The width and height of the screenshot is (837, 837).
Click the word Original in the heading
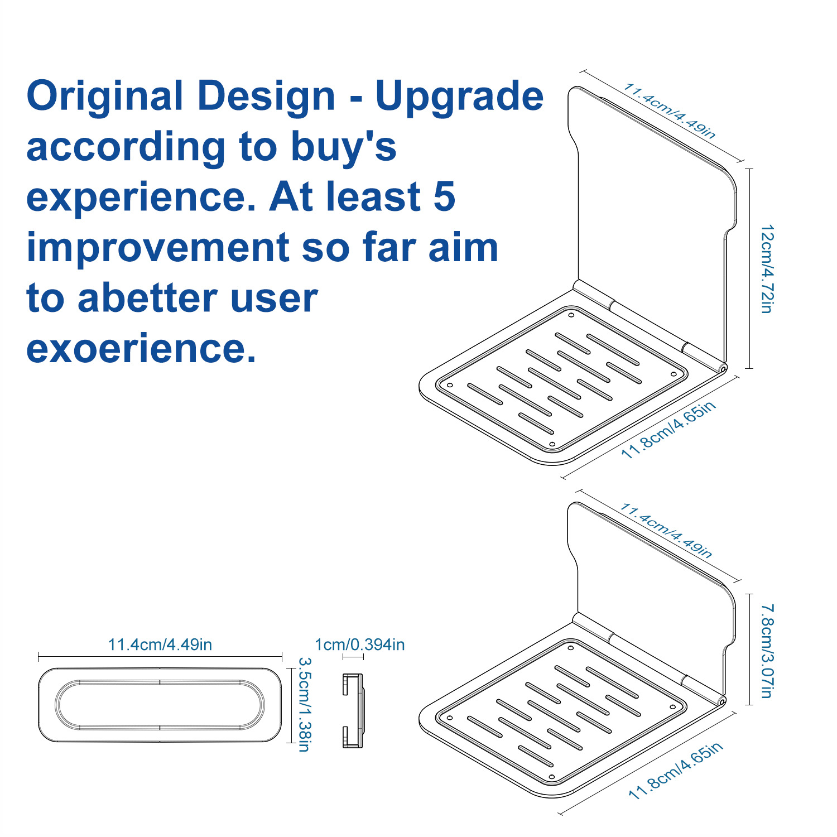pyautogui.click(x=105, y=96)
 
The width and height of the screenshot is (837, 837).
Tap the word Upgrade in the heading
pyautogui.click(x=459, y=96)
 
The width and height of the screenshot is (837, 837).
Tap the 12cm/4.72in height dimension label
pyautogui.click(x=768, y=269)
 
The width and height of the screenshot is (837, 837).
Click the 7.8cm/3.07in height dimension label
pyautogui.click(x=768, y=650)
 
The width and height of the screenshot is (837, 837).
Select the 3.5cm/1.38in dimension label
pyautogui.click(x=304, y=704)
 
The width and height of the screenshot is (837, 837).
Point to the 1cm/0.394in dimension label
pyautogui.click(x=360, y=644)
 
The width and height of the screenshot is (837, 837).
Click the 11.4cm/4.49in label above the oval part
pyautogui.click(x=160, y=644)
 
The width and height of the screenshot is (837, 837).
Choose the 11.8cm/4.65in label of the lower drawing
pyautogui.click(x=676, y=770)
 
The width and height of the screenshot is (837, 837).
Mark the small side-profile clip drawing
pyautogui.click(x=353, y=710)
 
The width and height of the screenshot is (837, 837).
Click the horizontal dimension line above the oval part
pyautogui.click(x=160, y=657)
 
